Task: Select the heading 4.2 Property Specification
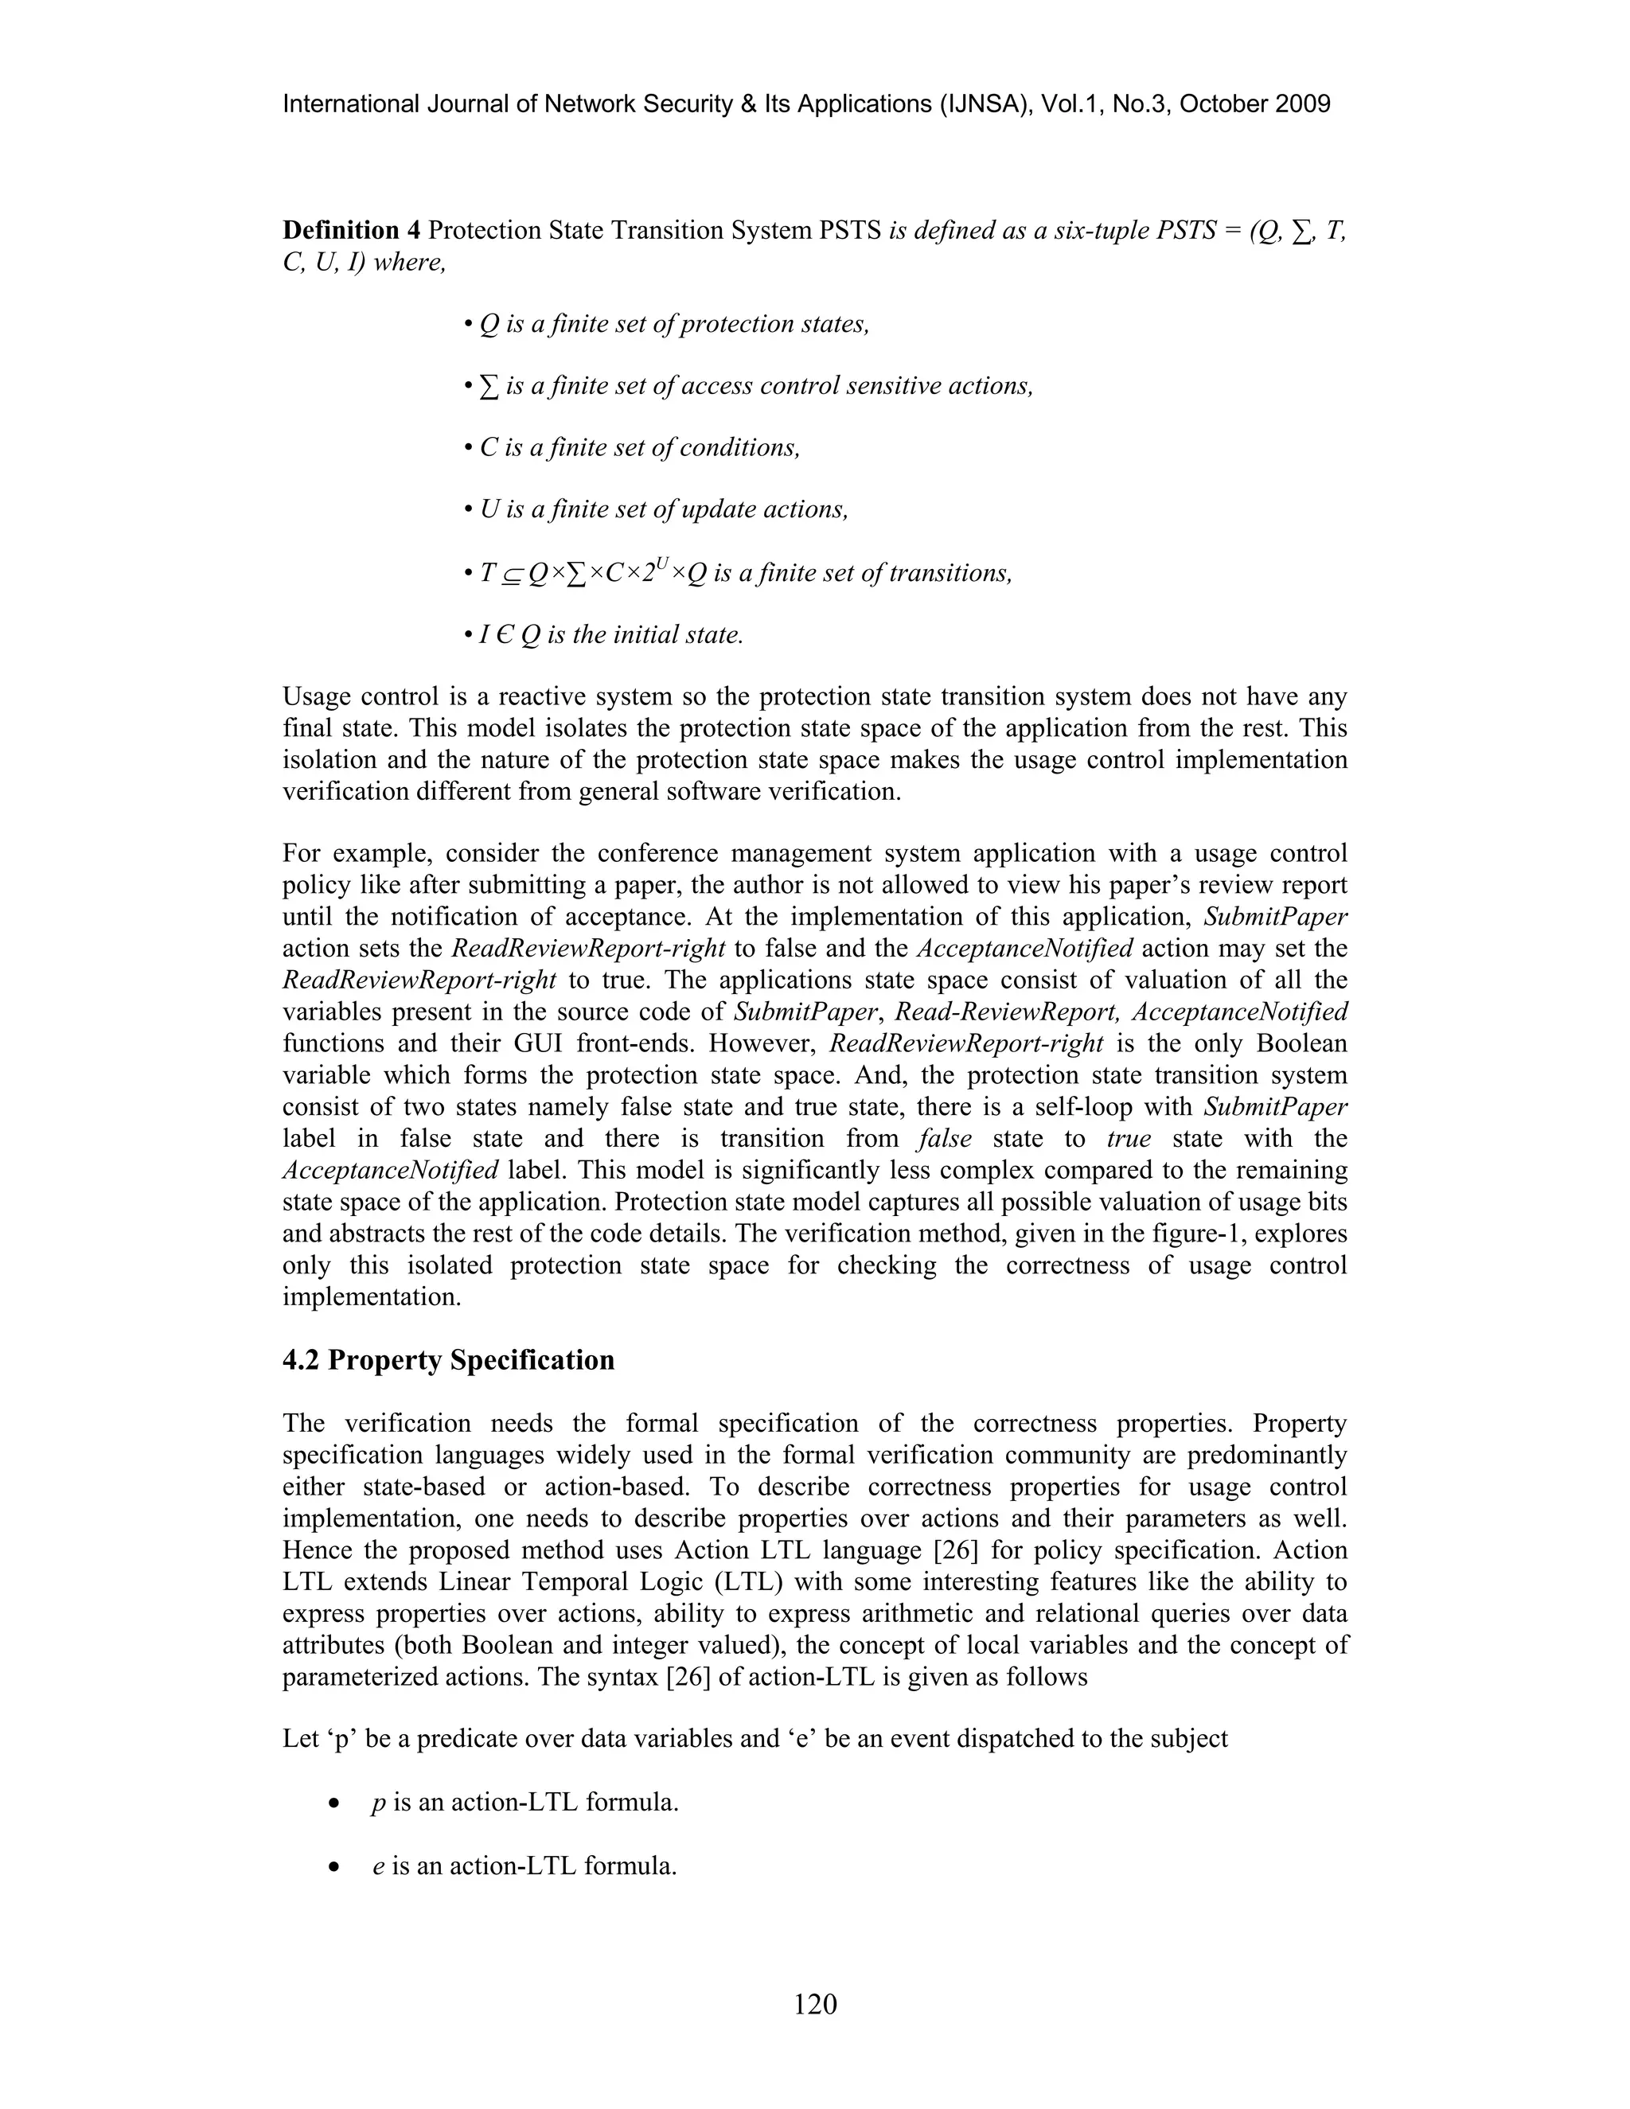[x=448, y=1359]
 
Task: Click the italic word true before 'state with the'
[x=1129, y=1139]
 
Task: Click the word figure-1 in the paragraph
[x=1195, y=1233]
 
